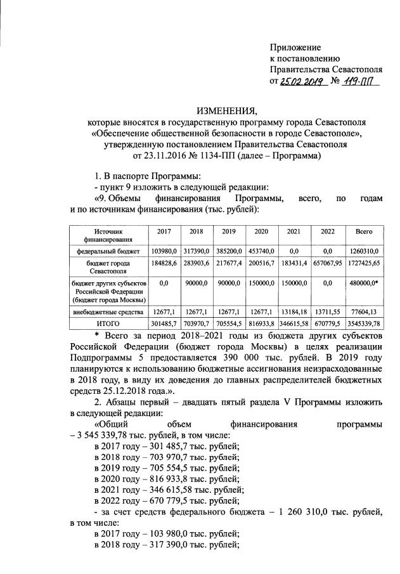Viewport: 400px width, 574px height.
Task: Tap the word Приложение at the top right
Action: click(295, 48)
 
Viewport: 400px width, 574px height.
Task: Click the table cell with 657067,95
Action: click(328, 263)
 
